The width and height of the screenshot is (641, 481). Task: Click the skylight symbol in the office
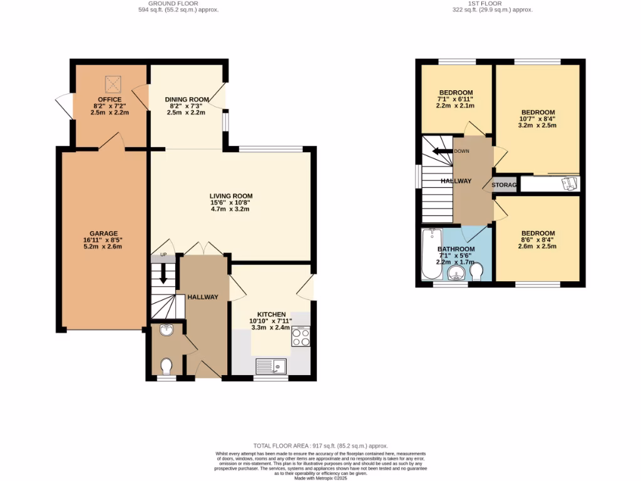pyautogui.click(x=113, y=83)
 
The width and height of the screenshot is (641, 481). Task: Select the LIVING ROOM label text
pyautogui.click(x=231, y=196)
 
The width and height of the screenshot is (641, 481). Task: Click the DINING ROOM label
pyautogui.click(x=187, y=100)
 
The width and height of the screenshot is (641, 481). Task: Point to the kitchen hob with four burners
pyautogui.click(x=300, y=338)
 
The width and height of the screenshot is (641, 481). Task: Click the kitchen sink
pyautogui.click(x=271, y=366)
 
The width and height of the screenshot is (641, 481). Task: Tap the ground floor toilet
pyautogui.click(x=167, y=365)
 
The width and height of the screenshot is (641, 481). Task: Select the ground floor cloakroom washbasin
pyautogui.click(x=166, y=330)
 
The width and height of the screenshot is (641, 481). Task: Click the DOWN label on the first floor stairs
pyautogui.click(x=462, y=151)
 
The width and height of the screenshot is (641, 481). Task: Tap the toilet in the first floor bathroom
pyautogui.click(x=476, y=271)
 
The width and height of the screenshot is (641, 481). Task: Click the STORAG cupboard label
pyautogui.click(x=504, y=185)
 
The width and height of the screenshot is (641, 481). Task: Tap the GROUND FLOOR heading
pyautogui.click(x=178, y=3)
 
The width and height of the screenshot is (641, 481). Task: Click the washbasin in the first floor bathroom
pyautogui.click(x=455, y=273)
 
